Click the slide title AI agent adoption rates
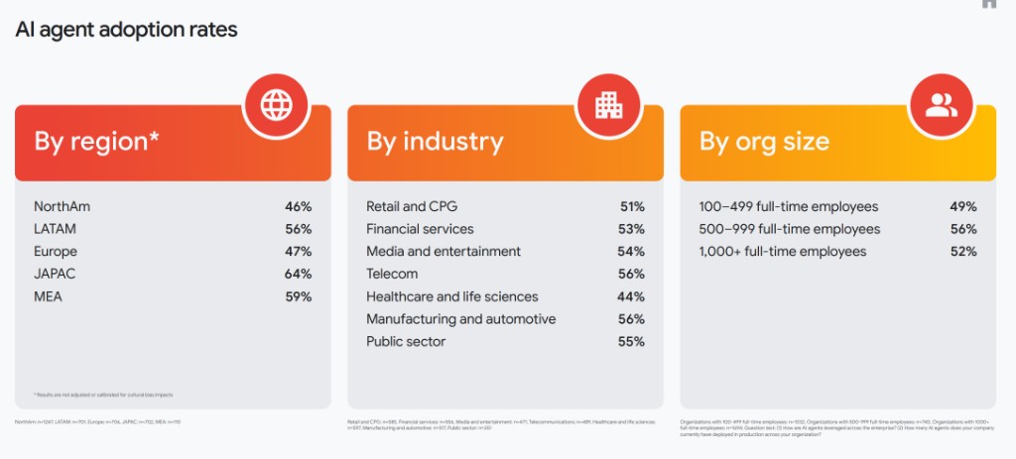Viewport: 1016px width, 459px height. coord(126,29)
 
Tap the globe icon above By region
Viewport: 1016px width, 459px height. coord(276,104)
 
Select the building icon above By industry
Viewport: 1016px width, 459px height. coord(608,104)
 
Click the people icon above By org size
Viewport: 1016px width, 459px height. coord(941,104)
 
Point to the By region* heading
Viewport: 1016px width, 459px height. coord(96,142)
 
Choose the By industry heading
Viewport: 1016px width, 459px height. coord(435,142)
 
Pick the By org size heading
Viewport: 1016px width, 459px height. coord(764,142)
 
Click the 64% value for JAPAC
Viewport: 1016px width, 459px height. coord(298,274)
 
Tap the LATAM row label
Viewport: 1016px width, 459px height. coord(55,229)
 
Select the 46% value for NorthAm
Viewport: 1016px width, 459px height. coord(298,207)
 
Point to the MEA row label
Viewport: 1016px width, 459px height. coord(48,296)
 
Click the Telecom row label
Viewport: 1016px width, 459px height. coord(392,274)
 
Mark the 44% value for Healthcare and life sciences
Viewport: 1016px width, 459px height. coord(631,296)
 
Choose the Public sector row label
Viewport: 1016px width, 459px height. coord(406,342)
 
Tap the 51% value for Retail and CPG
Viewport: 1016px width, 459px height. coord(631,207)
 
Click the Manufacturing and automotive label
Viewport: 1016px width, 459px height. coord(460,319)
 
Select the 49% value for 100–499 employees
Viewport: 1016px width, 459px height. coord(962,207)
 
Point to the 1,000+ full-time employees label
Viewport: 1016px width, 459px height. coord(783,252)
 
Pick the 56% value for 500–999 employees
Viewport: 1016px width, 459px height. coord(962,229)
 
